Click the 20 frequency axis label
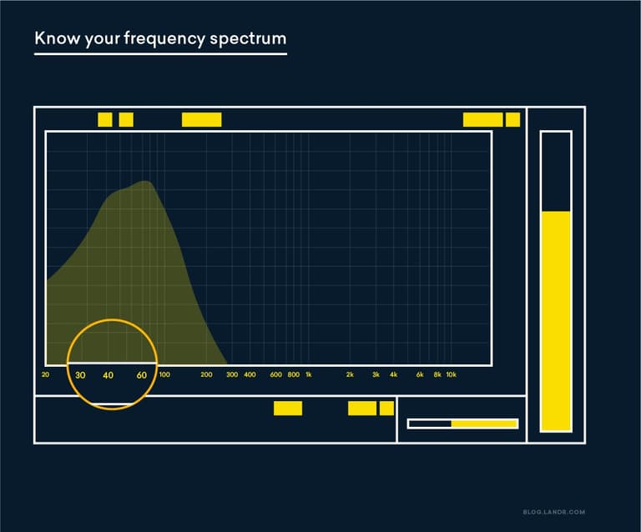tap(45, 375)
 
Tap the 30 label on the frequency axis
tap(80, 375)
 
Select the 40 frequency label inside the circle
tap(108, 375)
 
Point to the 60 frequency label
tap(142, 375)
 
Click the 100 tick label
tap(164, 375)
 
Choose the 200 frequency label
tap(206, 375)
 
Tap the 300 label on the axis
tap(232, 375)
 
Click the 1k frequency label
tap(308, 375)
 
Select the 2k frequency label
tap(350, 375)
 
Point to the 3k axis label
tap(376, 375)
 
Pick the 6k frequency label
tap(420, 375)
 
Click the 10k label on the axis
tap(451, 375)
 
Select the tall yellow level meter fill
tap(555, 321)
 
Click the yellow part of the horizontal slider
tap(484, 424)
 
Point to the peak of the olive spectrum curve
tap(145, 182)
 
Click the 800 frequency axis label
tap(293, 375)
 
